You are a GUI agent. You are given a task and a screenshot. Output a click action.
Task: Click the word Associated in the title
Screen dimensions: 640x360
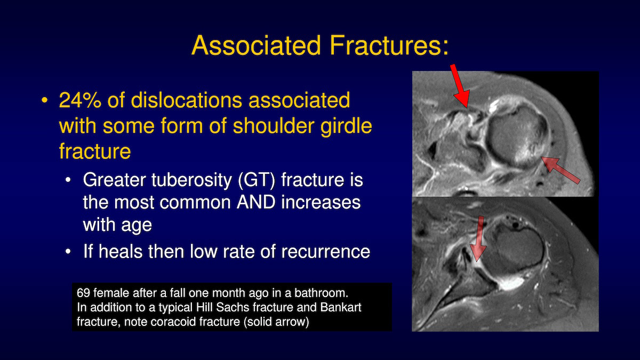(x=257, y=45)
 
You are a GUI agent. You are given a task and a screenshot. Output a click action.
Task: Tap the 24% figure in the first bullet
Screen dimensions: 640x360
(x=80, y=100)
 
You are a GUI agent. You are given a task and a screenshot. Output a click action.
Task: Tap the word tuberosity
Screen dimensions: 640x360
(x=191, y=181)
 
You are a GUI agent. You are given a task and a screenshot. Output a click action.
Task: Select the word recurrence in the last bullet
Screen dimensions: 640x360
(x=326, y=252)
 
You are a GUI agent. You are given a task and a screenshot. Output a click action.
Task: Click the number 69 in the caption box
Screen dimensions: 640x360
(x=83, y=293)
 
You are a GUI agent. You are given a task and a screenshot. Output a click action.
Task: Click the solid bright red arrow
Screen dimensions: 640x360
(x=460, y=86)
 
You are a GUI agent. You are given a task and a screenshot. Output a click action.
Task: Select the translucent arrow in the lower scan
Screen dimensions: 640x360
(x=478, y=239)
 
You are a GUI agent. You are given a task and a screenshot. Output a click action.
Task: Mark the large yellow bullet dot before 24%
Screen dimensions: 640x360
(x=45, y=100)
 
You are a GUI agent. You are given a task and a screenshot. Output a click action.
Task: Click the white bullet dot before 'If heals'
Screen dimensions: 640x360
(x=68, y=252)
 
